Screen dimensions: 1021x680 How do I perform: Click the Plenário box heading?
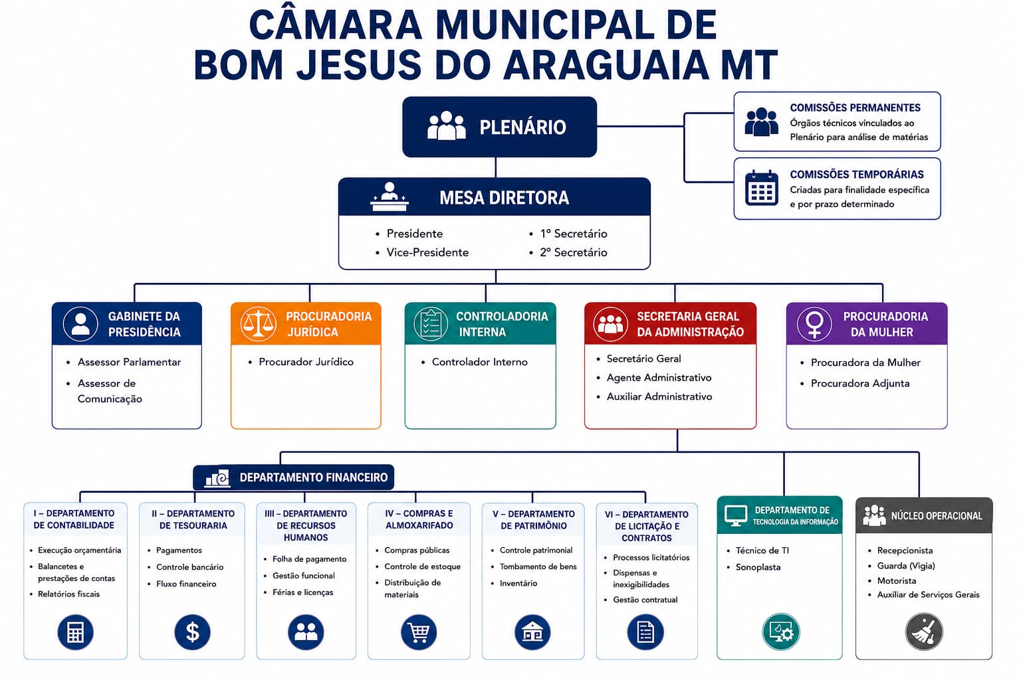coord(522,127)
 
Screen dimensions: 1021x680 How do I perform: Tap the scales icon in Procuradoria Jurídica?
coord(258,324)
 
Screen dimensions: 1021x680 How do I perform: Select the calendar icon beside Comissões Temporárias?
coord(761,188)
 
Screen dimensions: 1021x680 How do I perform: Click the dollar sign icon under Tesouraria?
coord(192,632)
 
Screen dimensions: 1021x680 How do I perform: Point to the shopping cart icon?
coord(419,632)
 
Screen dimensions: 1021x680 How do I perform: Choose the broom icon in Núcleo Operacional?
coord(924,632)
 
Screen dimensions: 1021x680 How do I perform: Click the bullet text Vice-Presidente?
coord(427,252)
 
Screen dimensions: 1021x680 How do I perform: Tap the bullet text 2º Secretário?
coord(574,252)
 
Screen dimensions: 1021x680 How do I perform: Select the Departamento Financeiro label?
coord(314,477)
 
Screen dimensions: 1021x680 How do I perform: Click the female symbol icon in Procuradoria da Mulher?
coord(814,324)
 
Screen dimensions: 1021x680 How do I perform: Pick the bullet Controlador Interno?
coord(479,362)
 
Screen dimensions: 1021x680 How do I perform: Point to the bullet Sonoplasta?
coord(758,568)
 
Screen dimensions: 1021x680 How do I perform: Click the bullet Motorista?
coord(897,580)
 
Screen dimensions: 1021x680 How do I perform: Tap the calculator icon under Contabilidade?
coord(75,632)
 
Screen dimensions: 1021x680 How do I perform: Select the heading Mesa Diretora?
coord(504,198)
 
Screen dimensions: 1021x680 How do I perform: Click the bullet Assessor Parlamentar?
coord(129,362)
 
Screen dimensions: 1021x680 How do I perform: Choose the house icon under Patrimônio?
coord(532,632)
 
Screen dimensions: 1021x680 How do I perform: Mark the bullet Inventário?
coord(518,584)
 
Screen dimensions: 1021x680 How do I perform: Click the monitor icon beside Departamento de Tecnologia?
coord(736,516)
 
